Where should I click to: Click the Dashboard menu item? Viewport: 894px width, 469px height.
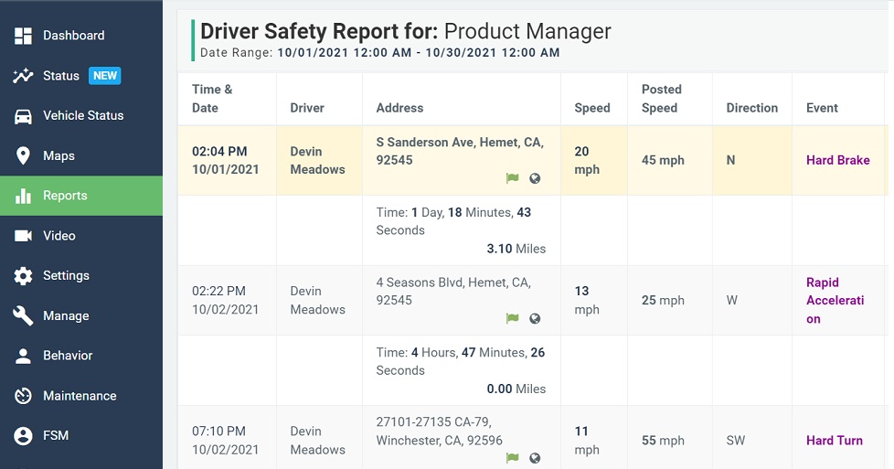pos(73,36)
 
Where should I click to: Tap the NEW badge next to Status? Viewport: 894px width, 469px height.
pos(105,76)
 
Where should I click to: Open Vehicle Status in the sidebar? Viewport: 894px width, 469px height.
pos(82,115)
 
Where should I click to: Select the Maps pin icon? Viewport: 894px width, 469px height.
pos(24,155)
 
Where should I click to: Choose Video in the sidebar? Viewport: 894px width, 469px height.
pos(59,236)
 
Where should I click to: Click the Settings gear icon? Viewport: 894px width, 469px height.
pos(24,276)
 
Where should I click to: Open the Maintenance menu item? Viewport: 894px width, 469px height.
pos(80,396)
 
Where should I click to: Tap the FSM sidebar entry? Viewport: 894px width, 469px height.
pos(55,436)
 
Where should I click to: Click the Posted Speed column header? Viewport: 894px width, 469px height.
pos(661,99)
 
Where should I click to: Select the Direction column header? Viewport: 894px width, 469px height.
pos(751,108)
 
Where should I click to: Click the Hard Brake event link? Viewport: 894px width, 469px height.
pos(837,160)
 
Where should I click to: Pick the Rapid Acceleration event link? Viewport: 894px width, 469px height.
pos(835,301)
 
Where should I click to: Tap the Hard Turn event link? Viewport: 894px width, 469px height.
pos(834,441)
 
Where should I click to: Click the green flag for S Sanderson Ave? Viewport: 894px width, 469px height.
pos(513,178)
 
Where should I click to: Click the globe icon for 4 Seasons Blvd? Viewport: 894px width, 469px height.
pos(535,318)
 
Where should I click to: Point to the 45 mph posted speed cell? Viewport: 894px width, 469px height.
pos(663,160)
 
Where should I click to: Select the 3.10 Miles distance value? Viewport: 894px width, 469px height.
pos(516,249)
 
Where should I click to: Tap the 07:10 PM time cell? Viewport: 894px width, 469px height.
pos(218,432)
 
